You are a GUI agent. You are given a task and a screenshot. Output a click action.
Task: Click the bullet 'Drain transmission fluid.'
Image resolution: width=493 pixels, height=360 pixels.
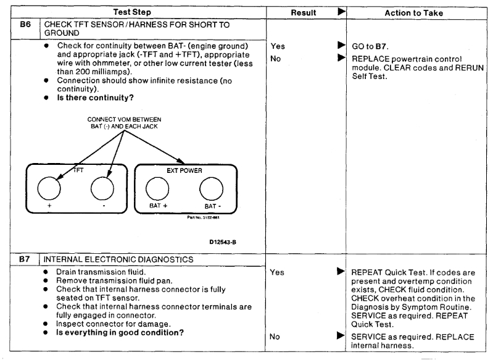(96, 272)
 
